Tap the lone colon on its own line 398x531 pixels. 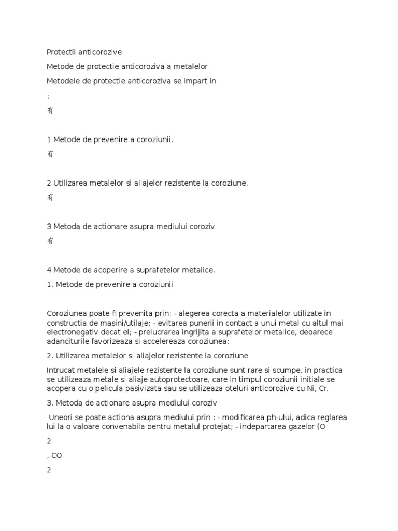(48, 96)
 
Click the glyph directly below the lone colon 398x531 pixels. (50, 110)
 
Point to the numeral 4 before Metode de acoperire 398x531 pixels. (49, 270)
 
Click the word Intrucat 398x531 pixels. (62, 370)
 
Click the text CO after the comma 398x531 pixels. (56, 456)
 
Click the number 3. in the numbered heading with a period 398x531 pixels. (50, 402)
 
